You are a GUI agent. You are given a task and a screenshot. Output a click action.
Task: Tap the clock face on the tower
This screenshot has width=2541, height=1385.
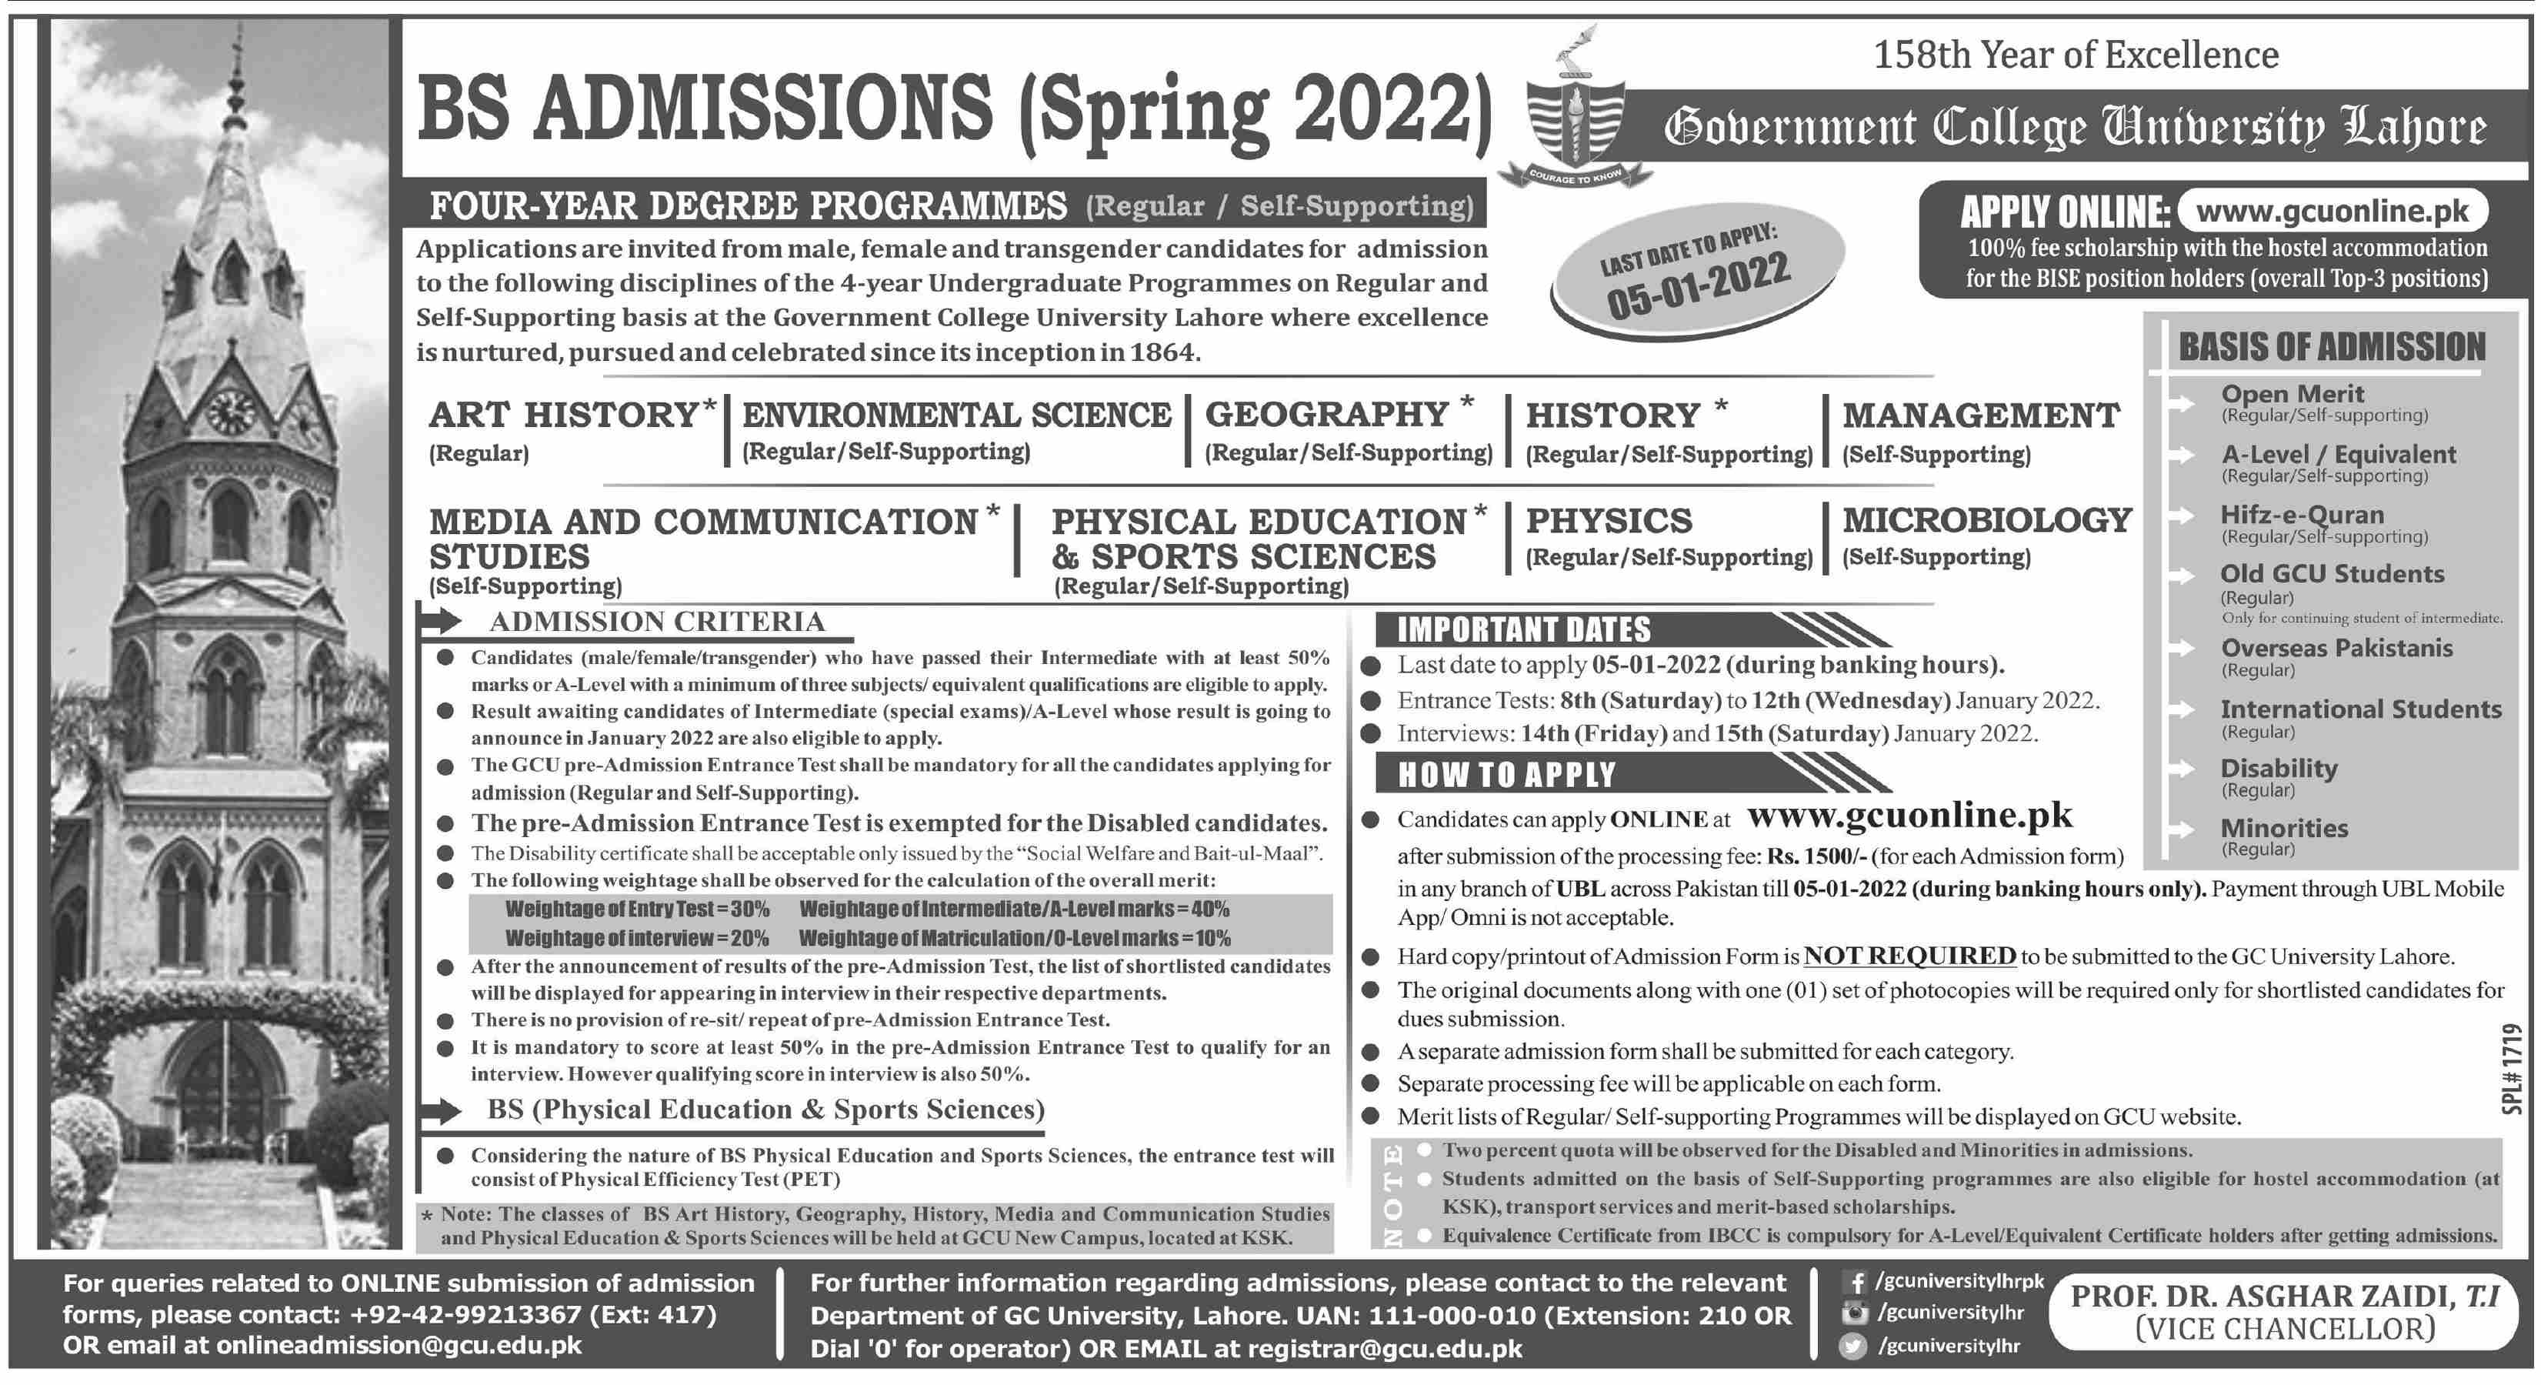point(230,409)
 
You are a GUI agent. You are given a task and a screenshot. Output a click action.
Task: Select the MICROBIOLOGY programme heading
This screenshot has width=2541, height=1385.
point(1986,520)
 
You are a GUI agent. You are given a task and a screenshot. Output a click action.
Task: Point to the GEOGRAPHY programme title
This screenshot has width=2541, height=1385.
point(1328,414)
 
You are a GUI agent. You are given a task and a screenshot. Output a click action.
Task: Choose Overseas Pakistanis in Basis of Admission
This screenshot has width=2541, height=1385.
point(2336,648)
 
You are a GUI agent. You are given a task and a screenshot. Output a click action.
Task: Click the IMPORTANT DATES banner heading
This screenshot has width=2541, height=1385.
point(1523,629)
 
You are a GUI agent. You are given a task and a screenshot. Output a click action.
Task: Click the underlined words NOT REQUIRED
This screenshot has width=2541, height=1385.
point(1909,956)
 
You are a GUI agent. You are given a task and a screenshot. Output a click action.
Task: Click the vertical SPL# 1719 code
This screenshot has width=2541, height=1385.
point(2513,1070)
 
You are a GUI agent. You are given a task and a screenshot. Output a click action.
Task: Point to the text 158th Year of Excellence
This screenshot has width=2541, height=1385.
point(2076,55)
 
